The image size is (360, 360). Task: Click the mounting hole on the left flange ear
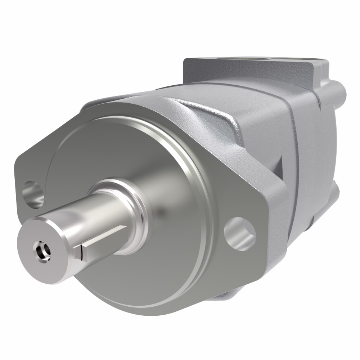tap(33, 195)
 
